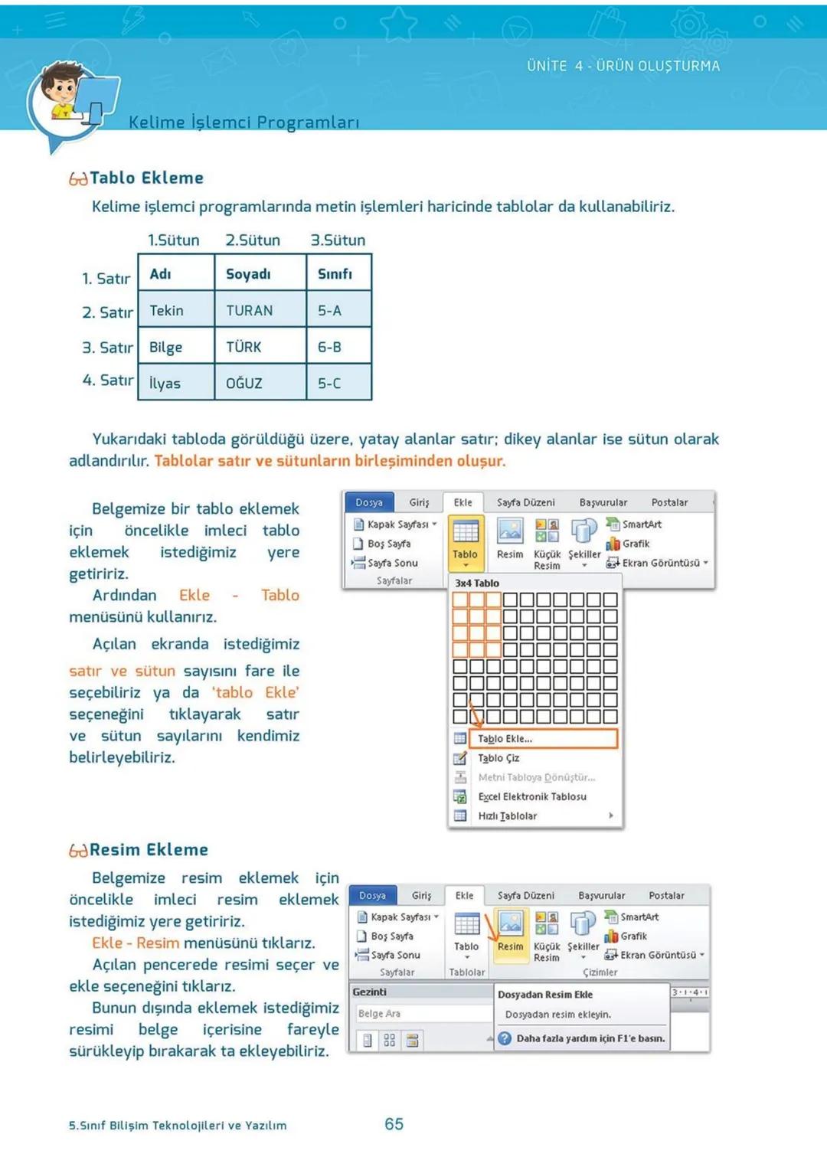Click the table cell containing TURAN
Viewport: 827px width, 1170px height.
coord(250,310)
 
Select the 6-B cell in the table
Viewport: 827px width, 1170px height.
coord(330,347)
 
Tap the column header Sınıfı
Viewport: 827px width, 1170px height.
coord(335,273)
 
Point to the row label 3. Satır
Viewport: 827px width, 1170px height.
coord(107,348)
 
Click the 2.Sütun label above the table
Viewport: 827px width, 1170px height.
coord(253,240)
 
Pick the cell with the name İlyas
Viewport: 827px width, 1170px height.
coord(165,383)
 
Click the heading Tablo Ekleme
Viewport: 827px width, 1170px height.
coord(146,178)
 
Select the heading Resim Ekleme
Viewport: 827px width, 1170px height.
coord(149,850)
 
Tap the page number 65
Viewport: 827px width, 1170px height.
coord(394,1124)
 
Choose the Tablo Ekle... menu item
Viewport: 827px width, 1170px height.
coord(505,739)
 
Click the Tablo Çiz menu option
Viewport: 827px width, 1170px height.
coord(498,758)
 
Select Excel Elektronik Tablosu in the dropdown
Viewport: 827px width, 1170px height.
coord(532,796)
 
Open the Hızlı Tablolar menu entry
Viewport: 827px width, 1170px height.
coord(508,816)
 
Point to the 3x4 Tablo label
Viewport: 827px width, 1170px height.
coord(477,583)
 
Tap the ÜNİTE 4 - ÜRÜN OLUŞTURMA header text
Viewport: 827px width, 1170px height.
coord(623,66)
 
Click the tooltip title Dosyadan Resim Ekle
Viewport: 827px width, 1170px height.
coord(545,995)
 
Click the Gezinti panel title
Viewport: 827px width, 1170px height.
coord(370,992)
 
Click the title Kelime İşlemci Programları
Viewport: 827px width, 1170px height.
coord(244,123)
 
